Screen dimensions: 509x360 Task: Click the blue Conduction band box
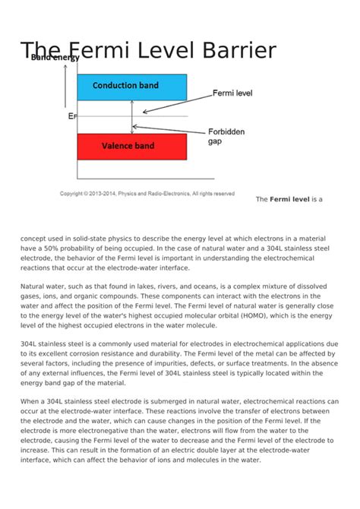tap(131, 87)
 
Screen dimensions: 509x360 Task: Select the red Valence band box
tap(131, 145)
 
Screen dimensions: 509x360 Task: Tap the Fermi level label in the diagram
tap(232, 93)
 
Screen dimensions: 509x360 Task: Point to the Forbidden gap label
tap(226, 136)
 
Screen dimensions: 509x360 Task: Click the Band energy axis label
tap(55, 58)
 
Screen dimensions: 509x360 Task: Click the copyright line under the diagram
tap(147, 194)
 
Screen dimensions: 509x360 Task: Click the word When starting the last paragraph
tap(31, 401)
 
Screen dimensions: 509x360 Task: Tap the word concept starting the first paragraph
tap(36, 238)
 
